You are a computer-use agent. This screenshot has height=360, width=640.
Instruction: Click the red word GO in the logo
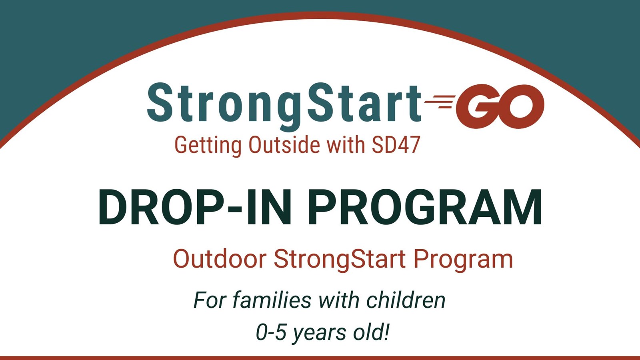pos(500,106)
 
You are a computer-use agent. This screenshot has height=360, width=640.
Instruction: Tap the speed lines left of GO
pos(440,102)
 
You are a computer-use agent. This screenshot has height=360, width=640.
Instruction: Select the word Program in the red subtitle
pos(463,260)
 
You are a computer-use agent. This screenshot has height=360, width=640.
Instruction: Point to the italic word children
pos(406,300)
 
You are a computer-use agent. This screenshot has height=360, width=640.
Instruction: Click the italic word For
pos(210,300)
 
